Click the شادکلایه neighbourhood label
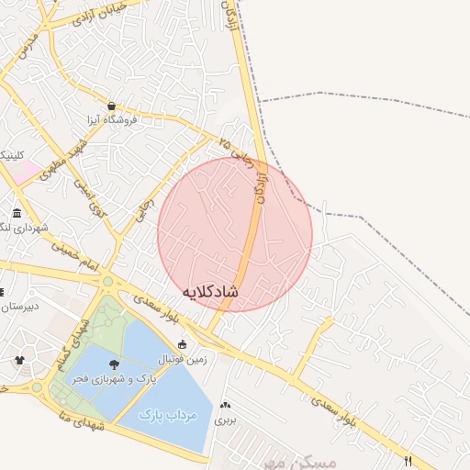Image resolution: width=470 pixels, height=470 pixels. (x=210, y=291)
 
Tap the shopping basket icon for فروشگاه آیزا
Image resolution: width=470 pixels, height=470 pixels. (x=111, y=106)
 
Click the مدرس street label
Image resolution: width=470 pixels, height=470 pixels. (x=28, y=45)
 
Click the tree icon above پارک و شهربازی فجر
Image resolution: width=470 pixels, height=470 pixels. (x=113, y=365)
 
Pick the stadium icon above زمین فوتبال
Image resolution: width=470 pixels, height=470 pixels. (x=183, y=345)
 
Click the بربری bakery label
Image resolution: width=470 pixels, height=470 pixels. (x=225, y=420)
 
